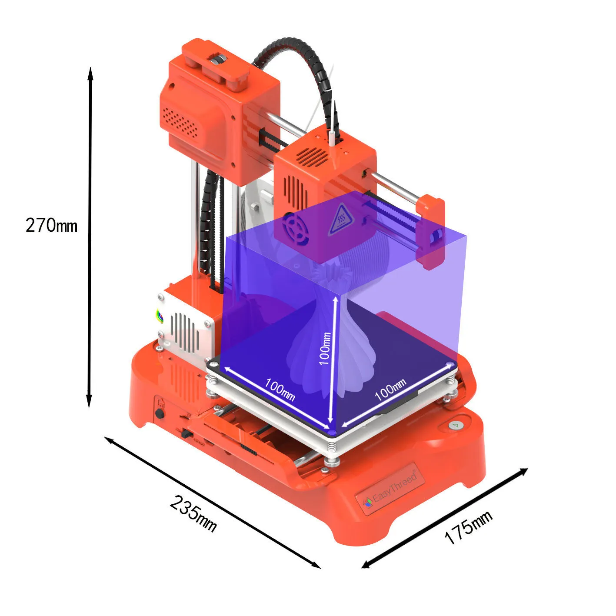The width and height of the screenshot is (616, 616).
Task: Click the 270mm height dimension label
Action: coord(51,225)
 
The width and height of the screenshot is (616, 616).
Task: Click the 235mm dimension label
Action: coord(193,513)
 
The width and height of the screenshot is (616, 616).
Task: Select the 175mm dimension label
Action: coord(468,527)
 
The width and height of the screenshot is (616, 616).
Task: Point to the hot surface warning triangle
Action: coord(340,218)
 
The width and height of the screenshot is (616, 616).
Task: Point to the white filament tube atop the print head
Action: coord(332,136)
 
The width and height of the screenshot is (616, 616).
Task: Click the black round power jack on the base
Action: coord(160,413)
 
